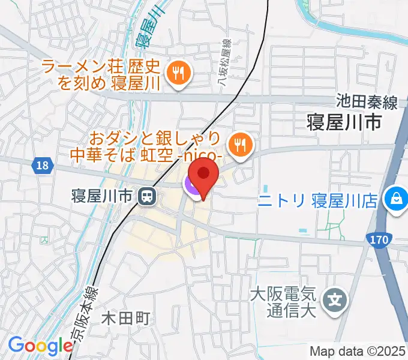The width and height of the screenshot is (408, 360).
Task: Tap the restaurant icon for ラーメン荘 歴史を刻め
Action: pos(178,74)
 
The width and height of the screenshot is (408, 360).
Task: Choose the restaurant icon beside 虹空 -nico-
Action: pos(240,144)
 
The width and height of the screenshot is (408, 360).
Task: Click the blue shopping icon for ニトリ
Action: pos(396,199)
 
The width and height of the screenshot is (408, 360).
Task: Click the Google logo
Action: pos(41,346)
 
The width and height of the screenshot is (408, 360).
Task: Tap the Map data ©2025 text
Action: pos(358,350)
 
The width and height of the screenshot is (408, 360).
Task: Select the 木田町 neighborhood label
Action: pos(124,317)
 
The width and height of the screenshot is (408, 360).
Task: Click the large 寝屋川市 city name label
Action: pos(343,124)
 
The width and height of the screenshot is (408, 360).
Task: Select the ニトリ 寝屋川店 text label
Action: pos(318,200)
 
